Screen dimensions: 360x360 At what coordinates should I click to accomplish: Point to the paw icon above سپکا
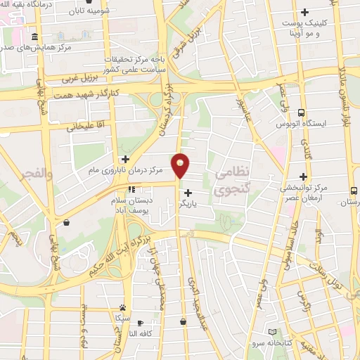pos(123,307)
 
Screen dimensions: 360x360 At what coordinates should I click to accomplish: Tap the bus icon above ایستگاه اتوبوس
pos(302,112)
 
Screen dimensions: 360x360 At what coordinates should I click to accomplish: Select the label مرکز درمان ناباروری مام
pos(127,170)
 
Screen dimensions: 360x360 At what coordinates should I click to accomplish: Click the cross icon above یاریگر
pos(188,192)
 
